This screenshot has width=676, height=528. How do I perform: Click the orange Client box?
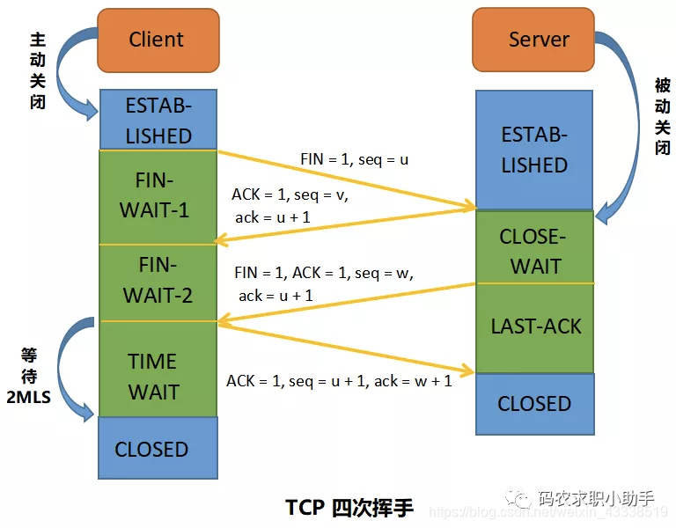158,40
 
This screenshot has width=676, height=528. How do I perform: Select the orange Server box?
539,40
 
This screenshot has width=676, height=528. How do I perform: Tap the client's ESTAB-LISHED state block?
158,120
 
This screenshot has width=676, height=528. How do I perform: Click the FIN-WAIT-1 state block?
158,196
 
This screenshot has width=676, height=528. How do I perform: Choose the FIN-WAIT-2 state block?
158,281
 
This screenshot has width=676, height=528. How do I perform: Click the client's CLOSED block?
152,449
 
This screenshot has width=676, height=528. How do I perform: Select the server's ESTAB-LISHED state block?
534,150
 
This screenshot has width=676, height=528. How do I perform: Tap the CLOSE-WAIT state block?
534,250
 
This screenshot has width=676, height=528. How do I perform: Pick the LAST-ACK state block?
535,326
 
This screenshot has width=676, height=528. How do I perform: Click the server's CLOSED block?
534,404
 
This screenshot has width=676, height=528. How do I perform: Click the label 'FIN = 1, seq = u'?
354,159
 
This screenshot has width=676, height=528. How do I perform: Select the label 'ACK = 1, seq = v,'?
290,194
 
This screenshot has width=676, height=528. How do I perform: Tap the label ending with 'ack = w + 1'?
339,380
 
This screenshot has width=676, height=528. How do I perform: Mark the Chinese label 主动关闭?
37,70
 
